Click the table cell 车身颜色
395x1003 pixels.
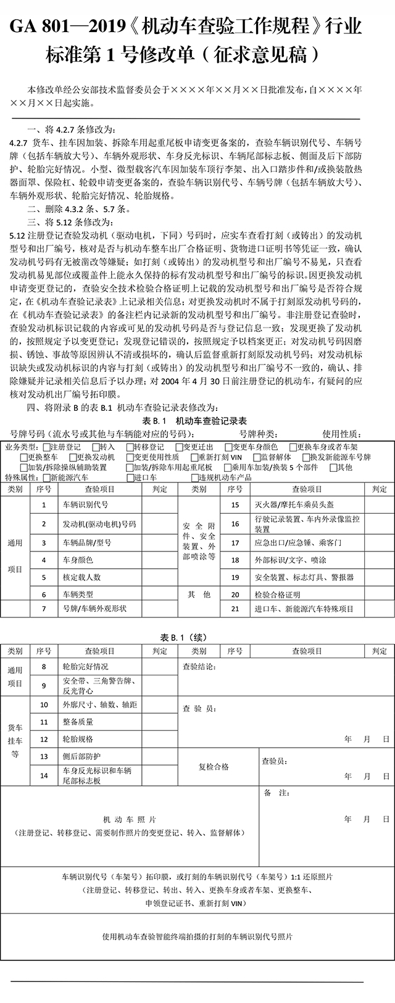point(78,560)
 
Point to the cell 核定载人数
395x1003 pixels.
point(81,577)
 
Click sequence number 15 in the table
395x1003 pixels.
point(235,505)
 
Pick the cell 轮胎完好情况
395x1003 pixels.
point(85,667)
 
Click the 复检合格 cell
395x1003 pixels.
point(214,767)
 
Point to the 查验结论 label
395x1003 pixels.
point(199,667)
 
